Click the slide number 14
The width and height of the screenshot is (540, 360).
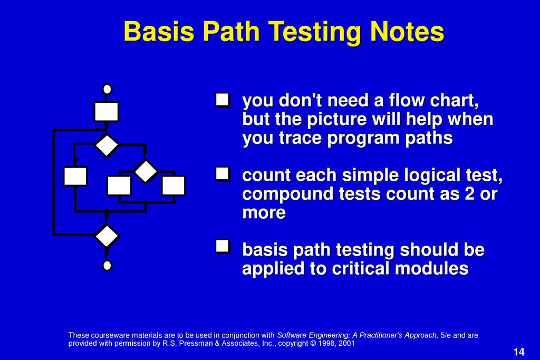pos(519,352)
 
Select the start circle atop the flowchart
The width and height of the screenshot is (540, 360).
pos(107,89)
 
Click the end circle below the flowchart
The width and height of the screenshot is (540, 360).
pos(107,265)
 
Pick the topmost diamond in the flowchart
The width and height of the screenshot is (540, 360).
pos(107,145)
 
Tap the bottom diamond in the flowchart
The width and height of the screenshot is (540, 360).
pos(107,236)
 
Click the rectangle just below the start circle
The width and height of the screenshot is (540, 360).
pos(107,111)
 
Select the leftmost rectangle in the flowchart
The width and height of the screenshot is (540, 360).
pos(75,176)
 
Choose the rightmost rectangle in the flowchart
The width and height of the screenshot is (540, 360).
pos(173,186)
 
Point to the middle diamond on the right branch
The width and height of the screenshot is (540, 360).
pos(146,171)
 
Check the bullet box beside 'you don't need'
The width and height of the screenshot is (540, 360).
pos(223,100)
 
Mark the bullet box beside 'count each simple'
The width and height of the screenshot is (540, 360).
pos(223,174)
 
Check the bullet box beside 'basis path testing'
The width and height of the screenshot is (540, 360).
pos(223,247)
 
